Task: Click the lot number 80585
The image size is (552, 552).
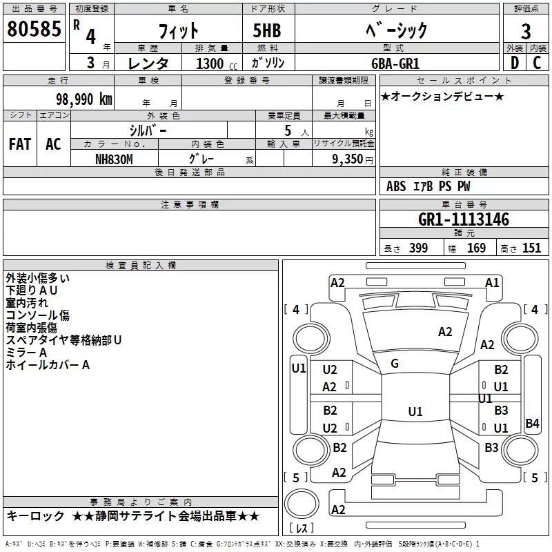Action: [x=33, y=30]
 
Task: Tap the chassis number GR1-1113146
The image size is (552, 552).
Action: [x=464, y=219]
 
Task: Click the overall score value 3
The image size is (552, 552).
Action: [x=526, y=31]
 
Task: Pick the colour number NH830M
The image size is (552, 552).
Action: [x=114, y=159]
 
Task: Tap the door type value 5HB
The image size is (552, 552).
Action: [x=262, y=30]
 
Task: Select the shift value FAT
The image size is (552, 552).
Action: [x=20, y=144]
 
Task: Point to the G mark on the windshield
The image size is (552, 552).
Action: [x=395, y=364]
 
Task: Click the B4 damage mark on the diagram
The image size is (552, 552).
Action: [x=532, y=424]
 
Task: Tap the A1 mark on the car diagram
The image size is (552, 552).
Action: [x=492, y=282]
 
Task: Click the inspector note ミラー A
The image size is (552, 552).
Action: [x=26, y=353]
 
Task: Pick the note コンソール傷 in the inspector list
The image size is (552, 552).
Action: [x=37, y=315]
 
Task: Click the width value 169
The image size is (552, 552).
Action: [x=476, y=248]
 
